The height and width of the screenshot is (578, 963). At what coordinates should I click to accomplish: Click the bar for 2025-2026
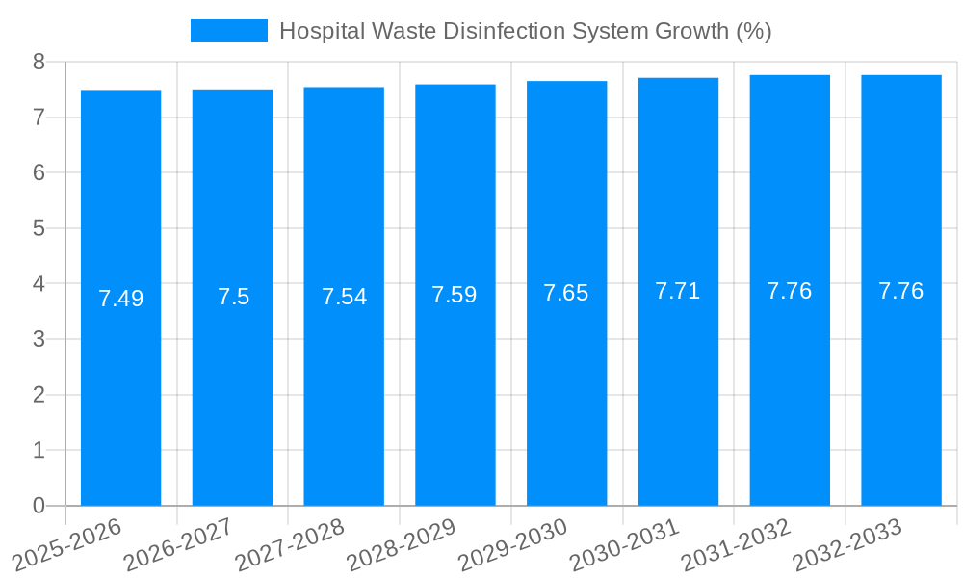pyautogui.click(x=120, y=385)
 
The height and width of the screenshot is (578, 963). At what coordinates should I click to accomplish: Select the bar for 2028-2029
pyautogui.click(x=455, y=385)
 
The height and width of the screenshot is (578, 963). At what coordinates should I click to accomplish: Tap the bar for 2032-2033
pyautogui.click(x=900, y=385)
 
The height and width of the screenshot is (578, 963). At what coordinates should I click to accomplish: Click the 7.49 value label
pyautogui.click(x=120, y=299)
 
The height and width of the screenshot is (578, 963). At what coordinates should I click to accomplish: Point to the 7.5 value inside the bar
pyautogui.click(x=233, y=297)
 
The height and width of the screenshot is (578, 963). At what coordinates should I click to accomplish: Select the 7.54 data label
pyautogui.click(x=344, y=297)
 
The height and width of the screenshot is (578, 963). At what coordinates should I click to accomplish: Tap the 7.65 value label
pyautogui.click(x=566, y=294)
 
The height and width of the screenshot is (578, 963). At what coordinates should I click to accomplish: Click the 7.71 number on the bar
pyautogui.click(x=677, y=291)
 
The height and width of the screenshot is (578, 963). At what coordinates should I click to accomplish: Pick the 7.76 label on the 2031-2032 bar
pyautogui.click(x=789, y=291)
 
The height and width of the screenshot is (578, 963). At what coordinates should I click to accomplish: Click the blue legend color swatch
pyautogui.click(x=228, y=31)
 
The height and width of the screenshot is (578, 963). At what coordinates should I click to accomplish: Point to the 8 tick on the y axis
pyautogui.click(x=39, y=62)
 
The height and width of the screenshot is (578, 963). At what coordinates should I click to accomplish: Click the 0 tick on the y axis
pyautogui.click(x=39, y=506)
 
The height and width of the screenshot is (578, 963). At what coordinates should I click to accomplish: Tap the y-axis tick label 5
pyautogui.click(x=39, y=228)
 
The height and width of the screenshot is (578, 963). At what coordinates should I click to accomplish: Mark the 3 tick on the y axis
pyautogui.click(x=39, y=339)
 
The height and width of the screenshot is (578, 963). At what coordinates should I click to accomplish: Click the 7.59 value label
pyautogui.click(x=455, y=295)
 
